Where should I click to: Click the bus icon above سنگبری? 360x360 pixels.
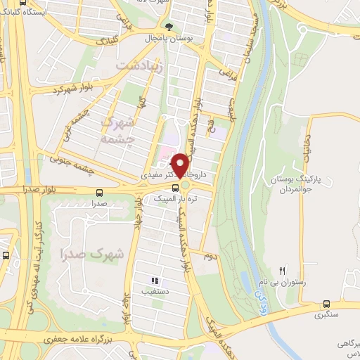click(326, 304)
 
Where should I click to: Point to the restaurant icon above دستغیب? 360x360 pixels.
click(154, 281)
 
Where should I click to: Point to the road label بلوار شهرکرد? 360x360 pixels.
click(63, 91)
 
